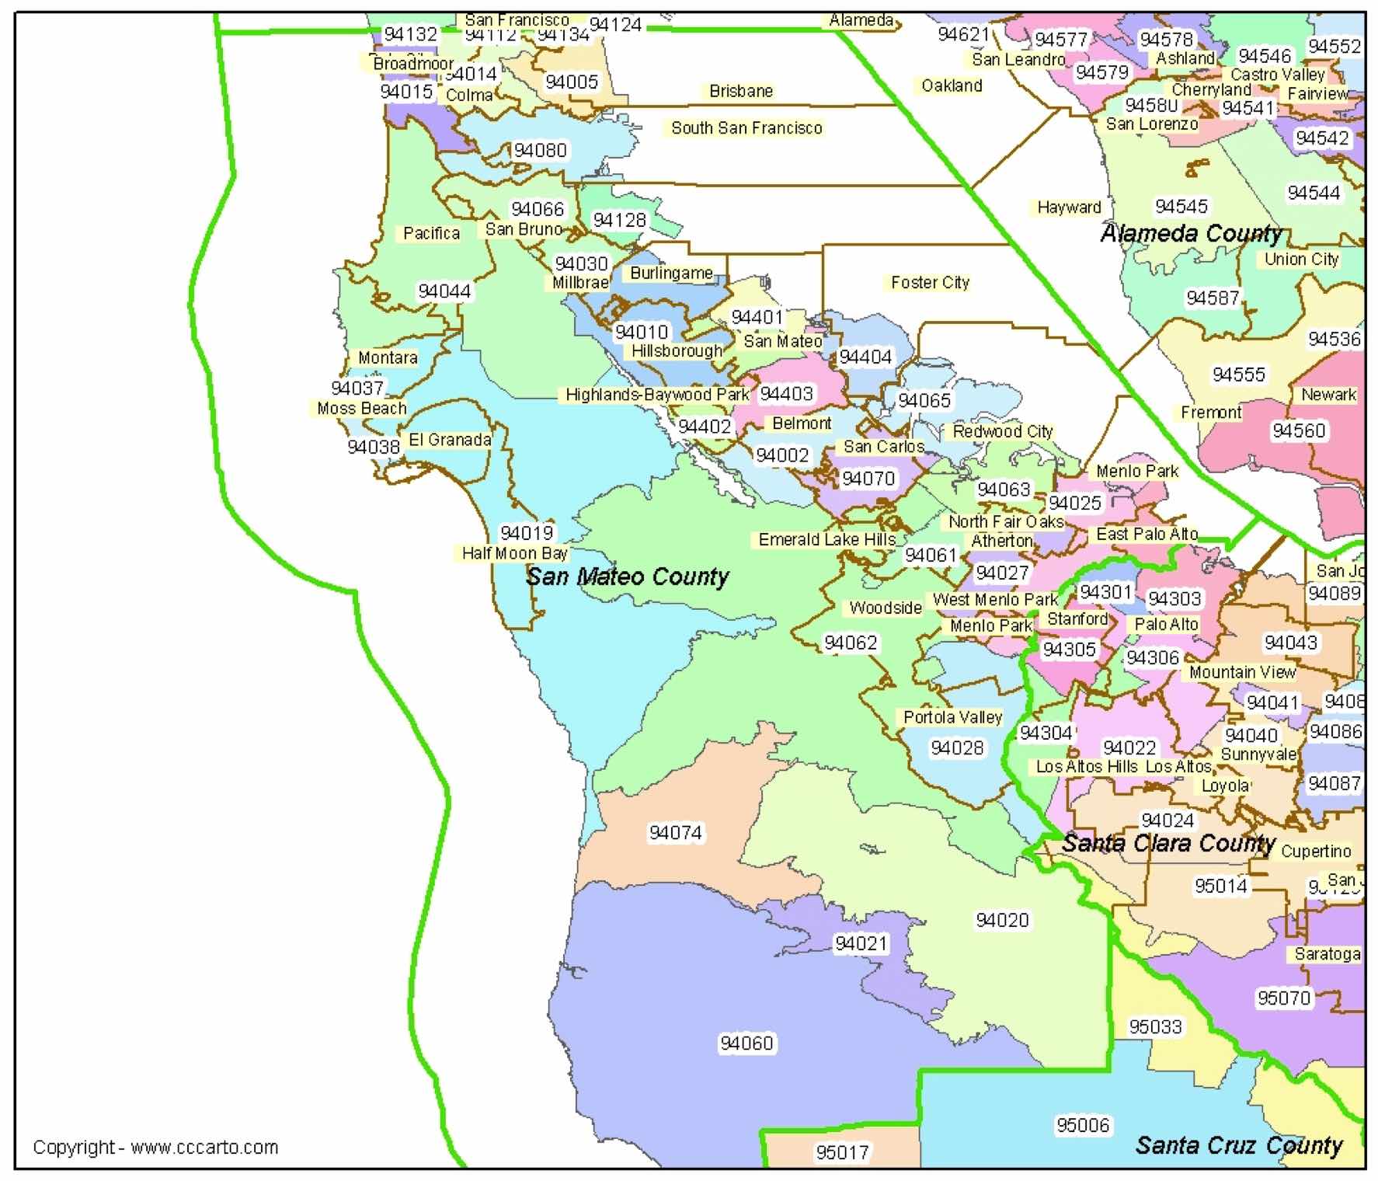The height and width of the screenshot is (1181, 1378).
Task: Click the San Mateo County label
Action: pos(628,577)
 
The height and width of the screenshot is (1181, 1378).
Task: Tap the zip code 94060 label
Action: pos(746,1043)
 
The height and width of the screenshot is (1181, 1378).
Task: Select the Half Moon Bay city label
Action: pos(515,553)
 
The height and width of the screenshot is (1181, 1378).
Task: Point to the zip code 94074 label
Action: pos(675,833)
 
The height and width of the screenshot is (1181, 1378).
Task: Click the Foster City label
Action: pos(930,283)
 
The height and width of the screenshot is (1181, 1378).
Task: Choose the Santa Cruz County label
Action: pos(1238,1145)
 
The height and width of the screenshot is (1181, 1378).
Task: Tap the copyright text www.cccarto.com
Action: pos(155,1148)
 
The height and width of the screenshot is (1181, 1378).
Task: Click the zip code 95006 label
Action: pos(1083,1125)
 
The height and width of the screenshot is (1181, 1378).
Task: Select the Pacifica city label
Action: pos(431,233)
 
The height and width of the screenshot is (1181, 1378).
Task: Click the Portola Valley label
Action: pos(952,717)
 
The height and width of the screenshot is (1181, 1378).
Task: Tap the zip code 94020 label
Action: pos(1002,920)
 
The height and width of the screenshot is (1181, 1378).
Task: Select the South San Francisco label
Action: pos(746,128)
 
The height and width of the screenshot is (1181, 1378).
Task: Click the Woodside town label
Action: pos(885,608)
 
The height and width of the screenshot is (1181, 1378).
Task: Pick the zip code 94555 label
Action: pos(1238,375)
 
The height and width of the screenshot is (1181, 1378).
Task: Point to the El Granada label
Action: pos(450,440)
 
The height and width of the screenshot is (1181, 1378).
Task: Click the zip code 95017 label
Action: pos(842,1152)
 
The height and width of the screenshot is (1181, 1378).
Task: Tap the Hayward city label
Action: pos(1069,207)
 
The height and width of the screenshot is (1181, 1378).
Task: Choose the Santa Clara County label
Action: pos(1168,843)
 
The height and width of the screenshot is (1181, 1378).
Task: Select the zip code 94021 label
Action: pos(860,943)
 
